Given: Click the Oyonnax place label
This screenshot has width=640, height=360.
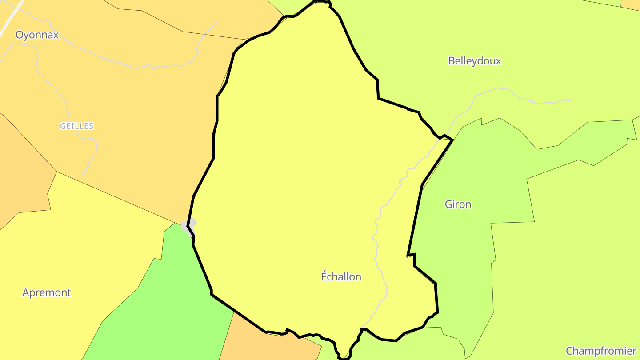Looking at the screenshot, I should (x=37, y=35).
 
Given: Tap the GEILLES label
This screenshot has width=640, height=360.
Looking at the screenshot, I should (x=77, y=126).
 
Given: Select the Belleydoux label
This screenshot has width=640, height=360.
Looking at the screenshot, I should (x=475, y=61).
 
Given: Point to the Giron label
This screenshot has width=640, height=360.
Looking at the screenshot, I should (x=458, y=204).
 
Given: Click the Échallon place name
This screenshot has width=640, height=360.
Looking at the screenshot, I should (x=341, y=277).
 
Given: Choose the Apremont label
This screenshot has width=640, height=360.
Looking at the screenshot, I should (x=47, y=293).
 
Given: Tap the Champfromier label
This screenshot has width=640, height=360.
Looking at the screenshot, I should (x=601, y=351).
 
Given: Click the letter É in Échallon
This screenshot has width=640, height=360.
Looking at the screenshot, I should (x=324, y=276).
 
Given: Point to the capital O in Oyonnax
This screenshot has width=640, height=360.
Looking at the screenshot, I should (x=20, y=35).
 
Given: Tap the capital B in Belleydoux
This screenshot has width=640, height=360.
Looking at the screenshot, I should (x=452, y=61).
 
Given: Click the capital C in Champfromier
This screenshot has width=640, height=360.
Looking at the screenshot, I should (x=570, y=351).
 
